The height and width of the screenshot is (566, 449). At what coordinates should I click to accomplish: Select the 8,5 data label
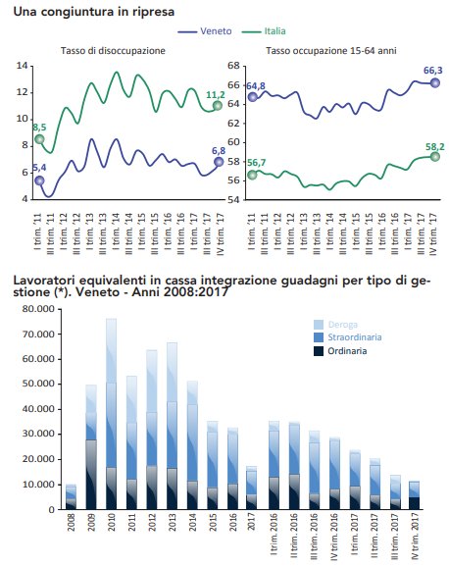[38, 127]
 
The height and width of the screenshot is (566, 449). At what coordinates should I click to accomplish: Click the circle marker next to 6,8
[219, 161]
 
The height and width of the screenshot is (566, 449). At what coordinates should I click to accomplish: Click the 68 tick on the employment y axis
[234, 66]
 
